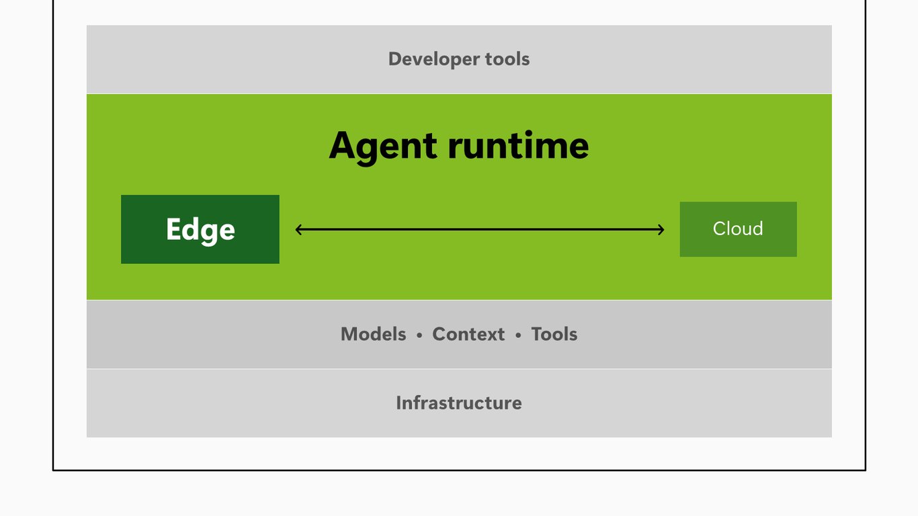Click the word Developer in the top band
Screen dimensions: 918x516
[433, 60]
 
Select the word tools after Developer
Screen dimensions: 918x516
[507, 59]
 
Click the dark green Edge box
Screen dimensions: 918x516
[200, 229]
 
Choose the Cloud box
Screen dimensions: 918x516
[738, 229]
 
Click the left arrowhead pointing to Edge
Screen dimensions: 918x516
[298, 230]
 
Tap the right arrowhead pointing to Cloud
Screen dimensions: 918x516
[661, 230]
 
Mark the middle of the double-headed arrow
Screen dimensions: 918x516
[480, 230]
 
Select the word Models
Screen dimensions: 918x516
[374, 334]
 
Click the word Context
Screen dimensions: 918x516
[468, 334]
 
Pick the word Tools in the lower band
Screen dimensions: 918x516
[554, 334]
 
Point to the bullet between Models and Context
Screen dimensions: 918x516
[419, 335]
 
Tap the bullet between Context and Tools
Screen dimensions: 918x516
[518, 335]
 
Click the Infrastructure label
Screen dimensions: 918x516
[459, 403]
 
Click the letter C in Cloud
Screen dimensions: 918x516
[720, 228]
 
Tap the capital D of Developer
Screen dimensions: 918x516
[395, 59]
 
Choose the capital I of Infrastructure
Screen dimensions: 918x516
[399, 403]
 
